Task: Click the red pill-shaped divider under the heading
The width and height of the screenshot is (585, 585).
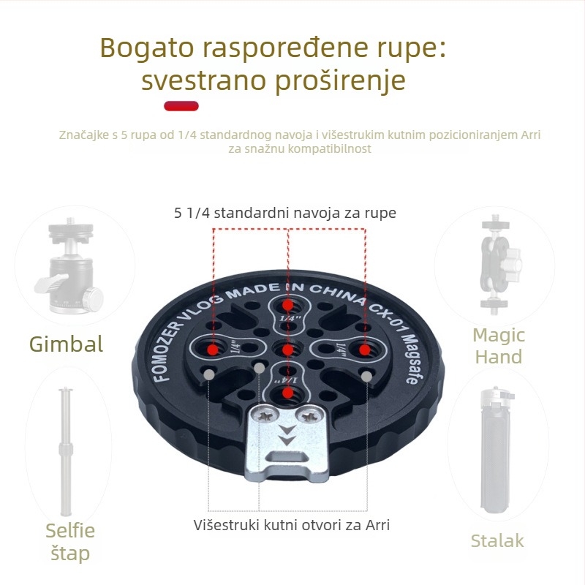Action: (x=181, y=106)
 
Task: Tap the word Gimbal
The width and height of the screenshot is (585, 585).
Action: (x=66, y=344)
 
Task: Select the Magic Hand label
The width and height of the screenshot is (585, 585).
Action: (x=499, y=346)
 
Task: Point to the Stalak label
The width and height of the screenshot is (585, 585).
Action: (x=497, y=540)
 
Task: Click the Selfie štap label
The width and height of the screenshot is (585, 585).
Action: (x=70, y=542)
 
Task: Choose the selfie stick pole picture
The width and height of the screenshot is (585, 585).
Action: (x=66, y=451)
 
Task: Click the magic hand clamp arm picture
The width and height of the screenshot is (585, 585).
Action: (x=499, y=265)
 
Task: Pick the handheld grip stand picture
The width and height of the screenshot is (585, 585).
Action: (x=498, y=450)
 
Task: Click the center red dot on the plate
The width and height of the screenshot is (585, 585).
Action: (x=287, y=350)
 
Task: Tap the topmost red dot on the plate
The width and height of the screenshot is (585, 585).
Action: (x=287, y=305)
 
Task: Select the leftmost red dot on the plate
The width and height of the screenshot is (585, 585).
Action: (x=213, y=350)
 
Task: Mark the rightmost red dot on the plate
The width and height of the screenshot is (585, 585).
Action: (x=364, y=350)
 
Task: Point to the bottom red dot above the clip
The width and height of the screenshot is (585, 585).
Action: (x=287, y=393)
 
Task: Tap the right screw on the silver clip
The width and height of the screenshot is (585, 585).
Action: (x=309, y=415)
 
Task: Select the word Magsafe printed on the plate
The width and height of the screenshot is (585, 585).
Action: (x=410, y=358)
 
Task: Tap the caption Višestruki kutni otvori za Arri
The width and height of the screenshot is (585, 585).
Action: (x=292, y=525)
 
